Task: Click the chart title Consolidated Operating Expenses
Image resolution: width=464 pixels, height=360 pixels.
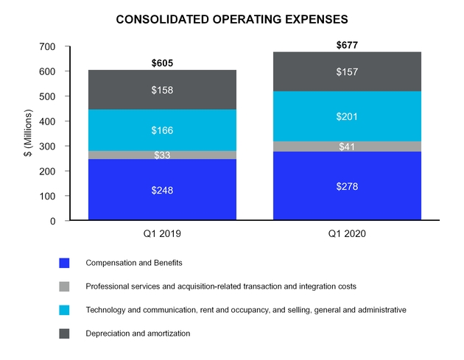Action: coord(232,20)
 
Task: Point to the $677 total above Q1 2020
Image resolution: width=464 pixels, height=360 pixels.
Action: coord(347,45)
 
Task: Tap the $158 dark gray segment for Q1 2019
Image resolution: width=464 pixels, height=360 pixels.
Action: coord(162,90)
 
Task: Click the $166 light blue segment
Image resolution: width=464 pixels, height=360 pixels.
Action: coord(162,130)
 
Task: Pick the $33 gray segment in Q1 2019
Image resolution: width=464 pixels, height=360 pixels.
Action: coord(162,155)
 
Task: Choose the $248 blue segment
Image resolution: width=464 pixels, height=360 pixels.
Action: coord(162,190)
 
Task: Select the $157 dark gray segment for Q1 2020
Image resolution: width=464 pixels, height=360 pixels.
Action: coord(347,71)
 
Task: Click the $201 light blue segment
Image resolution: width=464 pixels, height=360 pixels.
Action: coord(347,116)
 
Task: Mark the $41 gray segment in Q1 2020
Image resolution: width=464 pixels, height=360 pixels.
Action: coord(347,147)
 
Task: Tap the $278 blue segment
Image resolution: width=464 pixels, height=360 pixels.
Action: coord(347,187)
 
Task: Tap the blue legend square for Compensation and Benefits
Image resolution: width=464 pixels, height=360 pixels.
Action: coord(65,262)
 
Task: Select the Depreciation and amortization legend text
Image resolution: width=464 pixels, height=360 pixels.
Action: coord(138,333)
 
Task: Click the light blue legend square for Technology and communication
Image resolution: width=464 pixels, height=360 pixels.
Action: coord(65,310)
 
